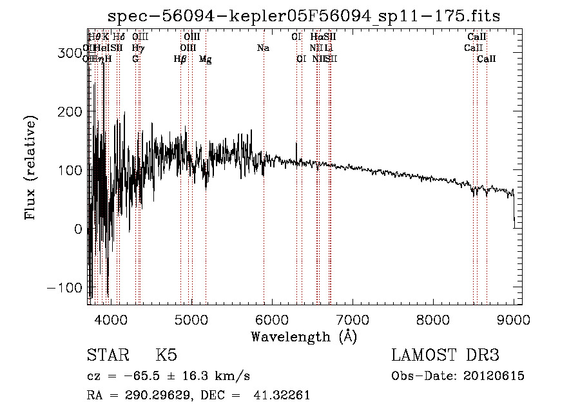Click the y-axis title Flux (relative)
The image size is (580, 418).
[30, 167]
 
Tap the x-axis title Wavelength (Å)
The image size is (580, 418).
[304, 336]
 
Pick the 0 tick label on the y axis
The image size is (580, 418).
[77, 229]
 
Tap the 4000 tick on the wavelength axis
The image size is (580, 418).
[111, 319]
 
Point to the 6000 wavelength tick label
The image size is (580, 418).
[272, 319]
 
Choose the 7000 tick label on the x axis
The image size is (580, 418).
[353, 319]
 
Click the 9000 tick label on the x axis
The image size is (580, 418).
[514, 319]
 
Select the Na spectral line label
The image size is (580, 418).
[263, 48]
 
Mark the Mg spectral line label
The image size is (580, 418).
[206, 59]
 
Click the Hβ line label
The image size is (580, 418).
[180, 59]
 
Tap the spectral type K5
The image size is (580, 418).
[166, 356]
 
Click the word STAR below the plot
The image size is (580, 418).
[107, 356]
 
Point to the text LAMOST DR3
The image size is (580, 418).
[445, 356]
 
